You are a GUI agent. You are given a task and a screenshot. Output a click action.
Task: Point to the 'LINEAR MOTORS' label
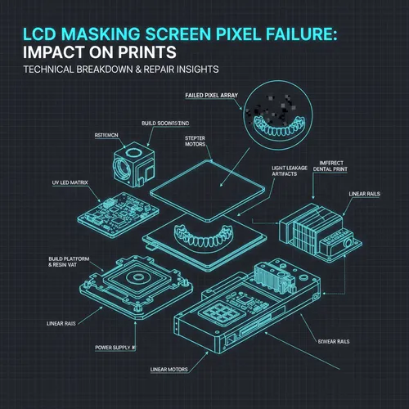coord(169,370)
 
